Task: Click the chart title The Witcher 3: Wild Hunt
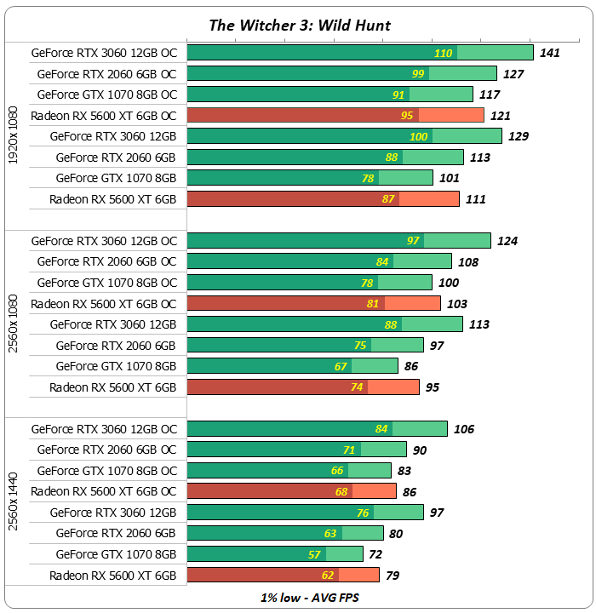(x=300, y=25)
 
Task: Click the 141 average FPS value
(x=549, y=53)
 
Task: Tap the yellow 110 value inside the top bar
(x=443, y=53)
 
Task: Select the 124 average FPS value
(x=507, y=241)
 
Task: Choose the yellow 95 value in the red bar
(x=406, y=116)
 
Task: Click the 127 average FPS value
(x=513, y=74)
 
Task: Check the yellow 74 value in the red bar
(x=356, y=387)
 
